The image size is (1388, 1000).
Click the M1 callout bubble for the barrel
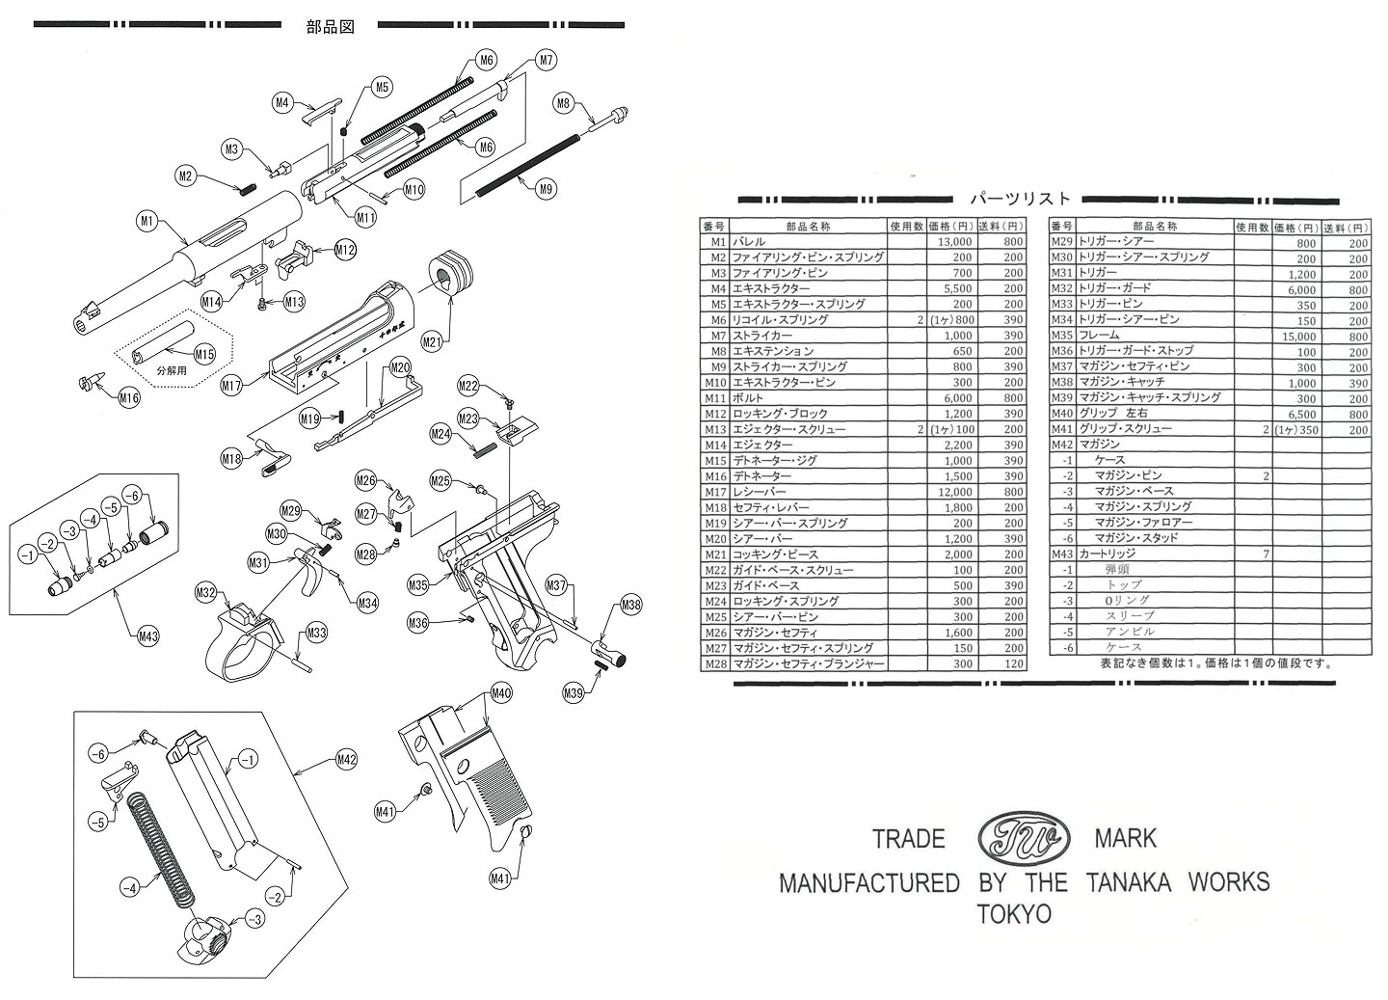[x=147, y=222]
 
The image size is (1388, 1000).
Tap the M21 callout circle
[x=431, y=342]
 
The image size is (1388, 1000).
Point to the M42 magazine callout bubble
[x=347, y=759]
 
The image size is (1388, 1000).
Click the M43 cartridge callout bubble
[x=148, y=635]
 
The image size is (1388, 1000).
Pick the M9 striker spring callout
[x=546, y=189]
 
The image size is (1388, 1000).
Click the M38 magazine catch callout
[x=630, y=606]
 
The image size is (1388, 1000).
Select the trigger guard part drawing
[x=243, y=641]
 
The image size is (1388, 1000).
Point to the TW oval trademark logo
[x=1023, y=836]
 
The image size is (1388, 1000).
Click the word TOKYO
[x=1014, y=913]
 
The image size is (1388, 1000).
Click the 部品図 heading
[x=330, y=27]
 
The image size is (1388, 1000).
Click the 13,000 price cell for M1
[x=950, y=242]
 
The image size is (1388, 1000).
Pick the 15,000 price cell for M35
[x=1296, y=336]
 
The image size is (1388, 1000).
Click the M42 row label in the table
[x=1061, y=445]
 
